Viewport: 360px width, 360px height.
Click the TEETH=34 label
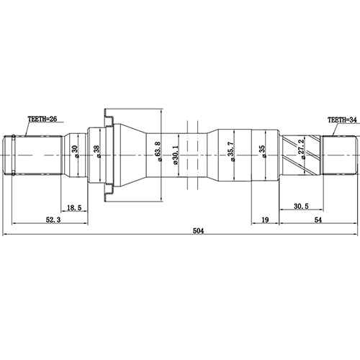pos(342,121)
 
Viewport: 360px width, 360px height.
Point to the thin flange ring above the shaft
pos(108,115)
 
